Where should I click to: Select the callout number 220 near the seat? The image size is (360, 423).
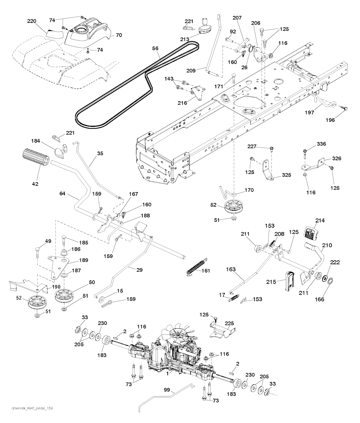click(32, 21)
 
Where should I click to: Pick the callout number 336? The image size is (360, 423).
click(311, 144)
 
